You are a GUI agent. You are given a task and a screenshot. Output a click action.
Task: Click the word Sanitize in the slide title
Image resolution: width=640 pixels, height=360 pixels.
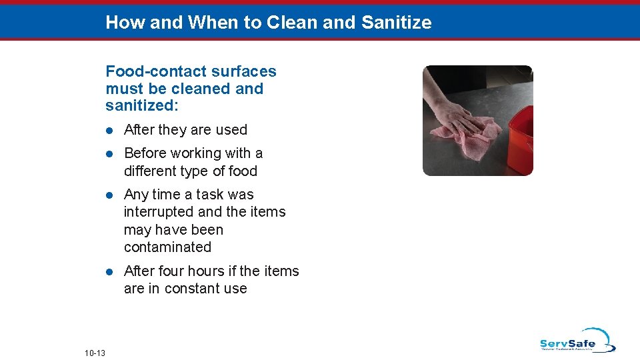[x=396, y=23]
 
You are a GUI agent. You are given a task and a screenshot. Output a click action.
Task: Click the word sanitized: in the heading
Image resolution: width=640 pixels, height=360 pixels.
[x=141, y=106]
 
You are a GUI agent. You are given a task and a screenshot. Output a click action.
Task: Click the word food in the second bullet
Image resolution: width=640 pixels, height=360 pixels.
[x=243, y=171]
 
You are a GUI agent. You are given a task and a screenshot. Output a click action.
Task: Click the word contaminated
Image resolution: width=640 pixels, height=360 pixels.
[x=167, y=247]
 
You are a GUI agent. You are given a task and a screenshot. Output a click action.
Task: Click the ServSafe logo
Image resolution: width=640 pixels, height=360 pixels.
[x=577, y=341]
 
